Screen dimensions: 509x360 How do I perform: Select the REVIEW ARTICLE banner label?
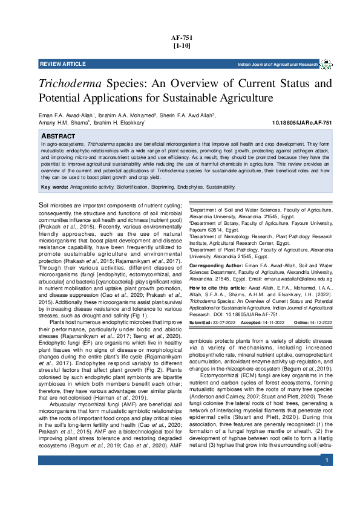click(x=62, y=64)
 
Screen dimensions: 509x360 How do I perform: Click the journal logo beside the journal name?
click(x=326, y=63)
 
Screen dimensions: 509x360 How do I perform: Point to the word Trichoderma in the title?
click(x=70, y=83)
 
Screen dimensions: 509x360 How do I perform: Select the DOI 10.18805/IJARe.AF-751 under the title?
click(x=303, y=123)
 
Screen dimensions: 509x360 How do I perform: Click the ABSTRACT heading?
click(x=58, y=137)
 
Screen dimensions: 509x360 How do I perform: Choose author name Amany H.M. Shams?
click(x=63, y=122)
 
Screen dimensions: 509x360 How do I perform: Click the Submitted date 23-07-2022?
click(x=224, y=323)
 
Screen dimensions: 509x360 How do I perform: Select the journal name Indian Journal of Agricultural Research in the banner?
click(x=278, y=64)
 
